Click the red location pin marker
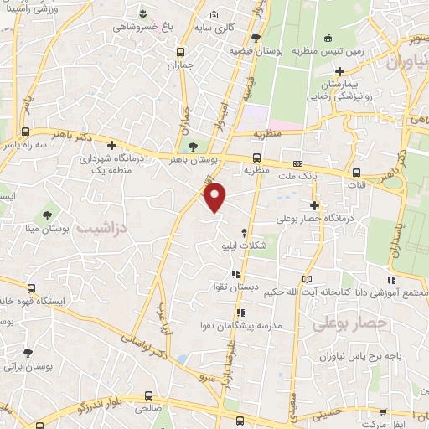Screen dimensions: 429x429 pos(216,196)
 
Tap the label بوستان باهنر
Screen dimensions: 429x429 pos(194,159)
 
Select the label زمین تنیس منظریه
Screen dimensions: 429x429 pos(328,50)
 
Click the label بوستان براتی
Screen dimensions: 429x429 pos(29,367)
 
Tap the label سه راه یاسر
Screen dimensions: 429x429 pos(27,146)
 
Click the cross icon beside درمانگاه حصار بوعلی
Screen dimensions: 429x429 pos(315,205)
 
